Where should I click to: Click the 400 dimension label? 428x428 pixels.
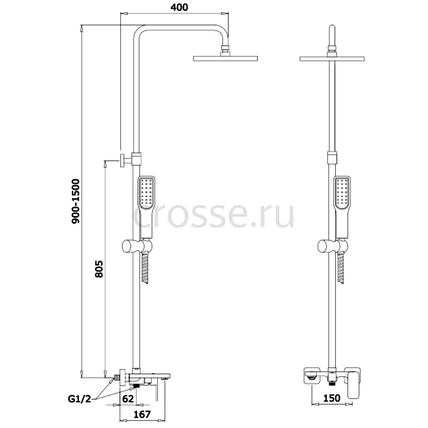[179, 7]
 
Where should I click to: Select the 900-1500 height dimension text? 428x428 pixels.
[75, 202]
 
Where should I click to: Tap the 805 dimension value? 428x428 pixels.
[99, 269]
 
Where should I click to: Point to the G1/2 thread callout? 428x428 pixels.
[80, 400]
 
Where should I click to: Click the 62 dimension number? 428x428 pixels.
[128, 399]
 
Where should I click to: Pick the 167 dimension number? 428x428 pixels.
[142, 415]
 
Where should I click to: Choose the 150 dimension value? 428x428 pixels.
[332, 398]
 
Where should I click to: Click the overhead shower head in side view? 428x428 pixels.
[226, 58]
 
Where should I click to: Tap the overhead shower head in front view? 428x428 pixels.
[332, 58]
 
